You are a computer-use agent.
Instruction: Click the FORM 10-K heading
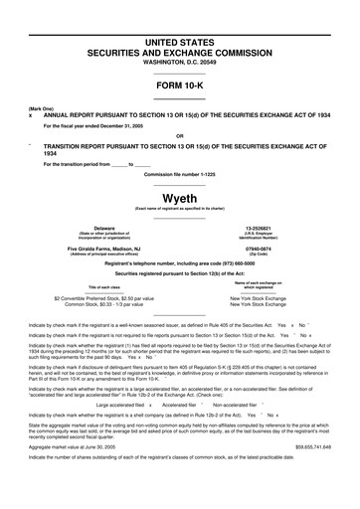pos(179,86)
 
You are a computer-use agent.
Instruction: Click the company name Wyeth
pos(179,197)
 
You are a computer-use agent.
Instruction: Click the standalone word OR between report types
pos(179,135)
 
